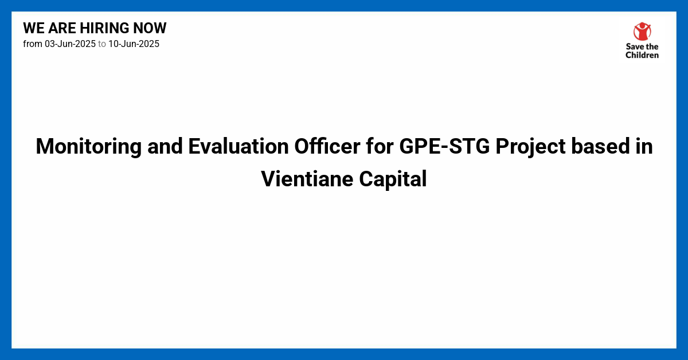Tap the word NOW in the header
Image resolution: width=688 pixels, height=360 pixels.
[x=151, y=28]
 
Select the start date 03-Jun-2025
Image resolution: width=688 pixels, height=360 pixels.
[x=70, y=44]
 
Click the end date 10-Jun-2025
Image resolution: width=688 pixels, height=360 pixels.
[x=134, y=44]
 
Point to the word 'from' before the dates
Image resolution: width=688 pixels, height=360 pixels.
[x=33, y=44]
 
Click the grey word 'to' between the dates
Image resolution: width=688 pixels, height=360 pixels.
[x=102, y=44]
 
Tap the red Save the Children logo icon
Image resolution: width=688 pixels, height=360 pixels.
[x=642, y=32]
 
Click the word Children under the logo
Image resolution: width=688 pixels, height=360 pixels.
[x=642, y=55]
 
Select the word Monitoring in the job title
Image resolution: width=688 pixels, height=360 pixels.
[x=88, y=147]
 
